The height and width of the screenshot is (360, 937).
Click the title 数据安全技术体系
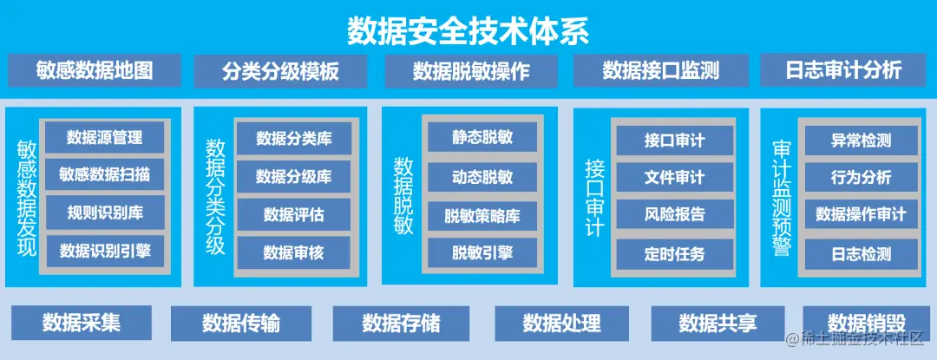pos(468,31)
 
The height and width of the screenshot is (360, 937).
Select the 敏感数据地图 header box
pos(95,70)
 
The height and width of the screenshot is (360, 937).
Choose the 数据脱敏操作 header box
pos(471,70)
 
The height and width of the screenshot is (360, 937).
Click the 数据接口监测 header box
pos(661,70)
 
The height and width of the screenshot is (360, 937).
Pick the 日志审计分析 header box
pos(843,70)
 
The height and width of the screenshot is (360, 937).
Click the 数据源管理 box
pos(104,137)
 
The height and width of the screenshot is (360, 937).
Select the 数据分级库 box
pos(293,177)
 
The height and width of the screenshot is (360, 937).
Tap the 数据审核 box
pos(293,252)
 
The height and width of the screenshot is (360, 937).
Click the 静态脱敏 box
pos(482,137)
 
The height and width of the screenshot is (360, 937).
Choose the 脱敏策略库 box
pos(482,215)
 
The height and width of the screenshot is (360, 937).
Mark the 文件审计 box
pos(674,177)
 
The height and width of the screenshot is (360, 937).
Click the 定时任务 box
pos(674,254)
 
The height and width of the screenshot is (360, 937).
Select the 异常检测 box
pos(861,140)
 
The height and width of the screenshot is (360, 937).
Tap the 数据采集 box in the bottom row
pos(82,323)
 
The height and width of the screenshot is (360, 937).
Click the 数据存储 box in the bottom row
pos(401,324)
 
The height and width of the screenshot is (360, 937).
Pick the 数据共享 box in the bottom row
pos(717,324)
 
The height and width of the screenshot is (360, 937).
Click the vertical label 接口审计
pos(594,197)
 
